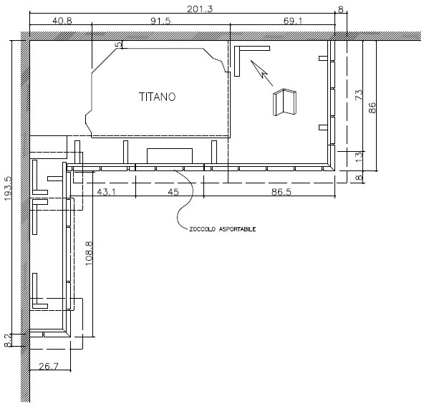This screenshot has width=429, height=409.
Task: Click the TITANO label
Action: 157,97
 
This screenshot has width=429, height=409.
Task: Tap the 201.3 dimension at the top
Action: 200,9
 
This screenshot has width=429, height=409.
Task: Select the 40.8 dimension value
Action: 62,21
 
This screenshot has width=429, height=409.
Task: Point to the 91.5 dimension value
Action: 160,21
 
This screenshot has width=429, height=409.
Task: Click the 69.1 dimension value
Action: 293,21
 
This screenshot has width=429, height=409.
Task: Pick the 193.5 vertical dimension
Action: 8,188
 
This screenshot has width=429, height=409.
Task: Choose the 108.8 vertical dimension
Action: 89,254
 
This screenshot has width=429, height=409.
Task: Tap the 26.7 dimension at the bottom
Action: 49,366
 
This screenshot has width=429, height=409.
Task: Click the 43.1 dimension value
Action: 107,192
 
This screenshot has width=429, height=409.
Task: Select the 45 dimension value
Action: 173,192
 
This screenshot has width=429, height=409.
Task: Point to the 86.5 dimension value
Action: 281,192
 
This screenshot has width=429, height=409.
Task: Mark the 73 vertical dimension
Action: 359,95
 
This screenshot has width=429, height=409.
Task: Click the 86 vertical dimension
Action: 372,107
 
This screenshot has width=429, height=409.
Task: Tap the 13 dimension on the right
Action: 359,157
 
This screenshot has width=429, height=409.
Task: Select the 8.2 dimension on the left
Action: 8,340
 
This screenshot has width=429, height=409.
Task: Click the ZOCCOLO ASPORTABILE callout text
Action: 223,229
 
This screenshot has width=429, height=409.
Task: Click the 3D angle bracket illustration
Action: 284,102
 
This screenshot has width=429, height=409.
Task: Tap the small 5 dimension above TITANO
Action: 119,44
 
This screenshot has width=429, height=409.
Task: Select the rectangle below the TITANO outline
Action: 170,156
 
